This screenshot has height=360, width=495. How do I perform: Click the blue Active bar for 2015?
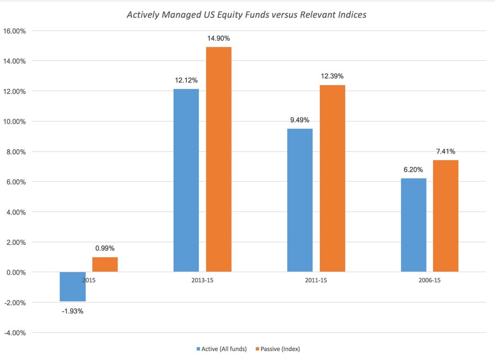[73, 287]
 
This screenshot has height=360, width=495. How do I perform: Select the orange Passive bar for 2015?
[105, 264]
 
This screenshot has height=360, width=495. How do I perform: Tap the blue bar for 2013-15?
[186, 181]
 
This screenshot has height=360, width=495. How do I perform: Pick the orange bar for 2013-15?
[219, 160]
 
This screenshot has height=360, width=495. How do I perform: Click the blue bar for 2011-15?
[300, 200]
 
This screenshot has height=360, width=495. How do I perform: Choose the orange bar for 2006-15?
[446, 216]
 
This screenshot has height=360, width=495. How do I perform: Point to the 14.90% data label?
[219, 39]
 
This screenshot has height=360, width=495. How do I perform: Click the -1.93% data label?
[72, 311]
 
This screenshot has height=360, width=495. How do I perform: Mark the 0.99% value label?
[105, 248]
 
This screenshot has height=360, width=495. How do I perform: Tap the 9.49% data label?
[300, 120]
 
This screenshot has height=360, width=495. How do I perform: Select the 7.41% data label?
[445, 151]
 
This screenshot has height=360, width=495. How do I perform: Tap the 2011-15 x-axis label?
[316, 280]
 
